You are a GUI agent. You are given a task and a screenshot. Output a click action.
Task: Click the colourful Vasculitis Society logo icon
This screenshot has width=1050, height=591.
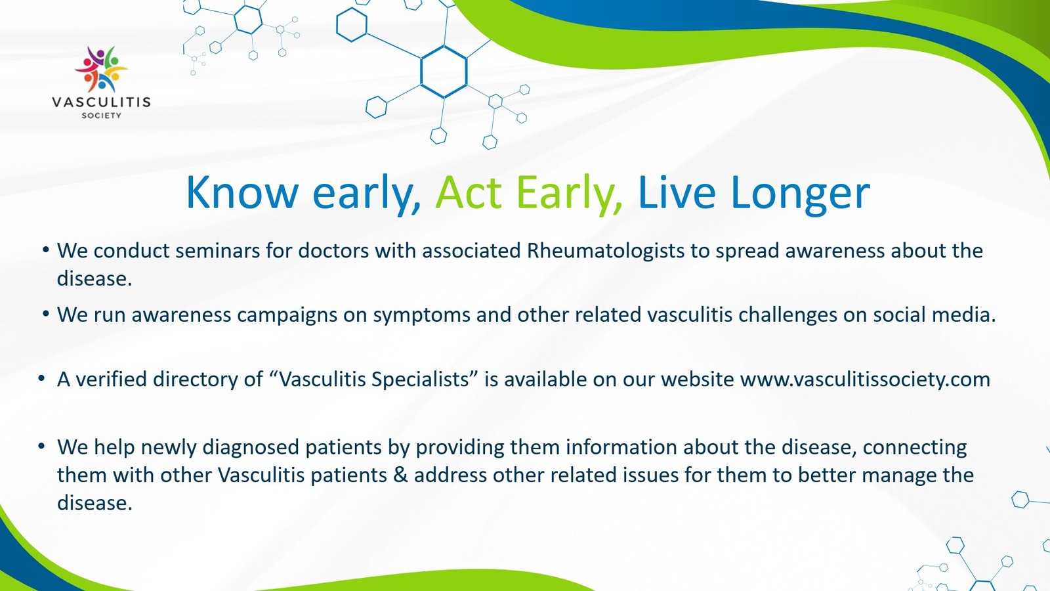(101, 69)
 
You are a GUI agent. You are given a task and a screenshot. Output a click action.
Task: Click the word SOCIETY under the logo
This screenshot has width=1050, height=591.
(101, 116)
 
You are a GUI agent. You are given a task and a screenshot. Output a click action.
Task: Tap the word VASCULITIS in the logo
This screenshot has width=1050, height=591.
(101, 102)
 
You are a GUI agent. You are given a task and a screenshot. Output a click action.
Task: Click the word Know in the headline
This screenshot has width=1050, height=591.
(242, 192)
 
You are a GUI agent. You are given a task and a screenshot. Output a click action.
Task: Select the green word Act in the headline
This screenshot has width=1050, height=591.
(469, 192)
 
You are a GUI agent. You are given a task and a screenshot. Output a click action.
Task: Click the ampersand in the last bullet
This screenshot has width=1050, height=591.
(400, 475)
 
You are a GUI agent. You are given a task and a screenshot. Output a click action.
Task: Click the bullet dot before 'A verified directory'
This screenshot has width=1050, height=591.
(41, 378)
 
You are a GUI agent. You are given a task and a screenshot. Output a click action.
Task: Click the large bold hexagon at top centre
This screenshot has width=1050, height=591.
(444, 72)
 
